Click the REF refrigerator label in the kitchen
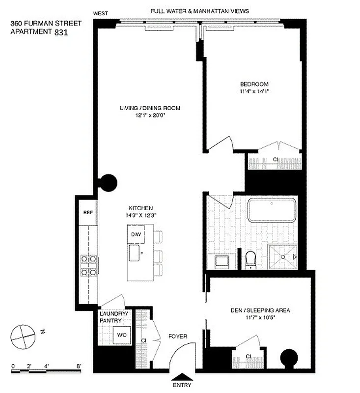pyautogui.click(x=87, y=213)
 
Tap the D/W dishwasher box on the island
pyautogui.click(x=136, y=235)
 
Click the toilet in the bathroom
pyautogui.click(x=251, y=259)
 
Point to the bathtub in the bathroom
pyautogui.click(x=272, y=210)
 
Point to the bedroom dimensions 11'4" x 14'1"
pyautogui.click(x=254, y=91)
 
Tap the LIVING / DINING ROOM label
pyautogui.click(x=146, y=108)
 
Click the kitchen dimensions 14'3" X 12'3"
pyautogui.click(x=141, y=215)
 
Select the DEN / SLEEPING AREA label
pyautogui.click(x=260, y=310)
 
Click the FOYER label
pyautogui.click(x=177, y=337)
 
